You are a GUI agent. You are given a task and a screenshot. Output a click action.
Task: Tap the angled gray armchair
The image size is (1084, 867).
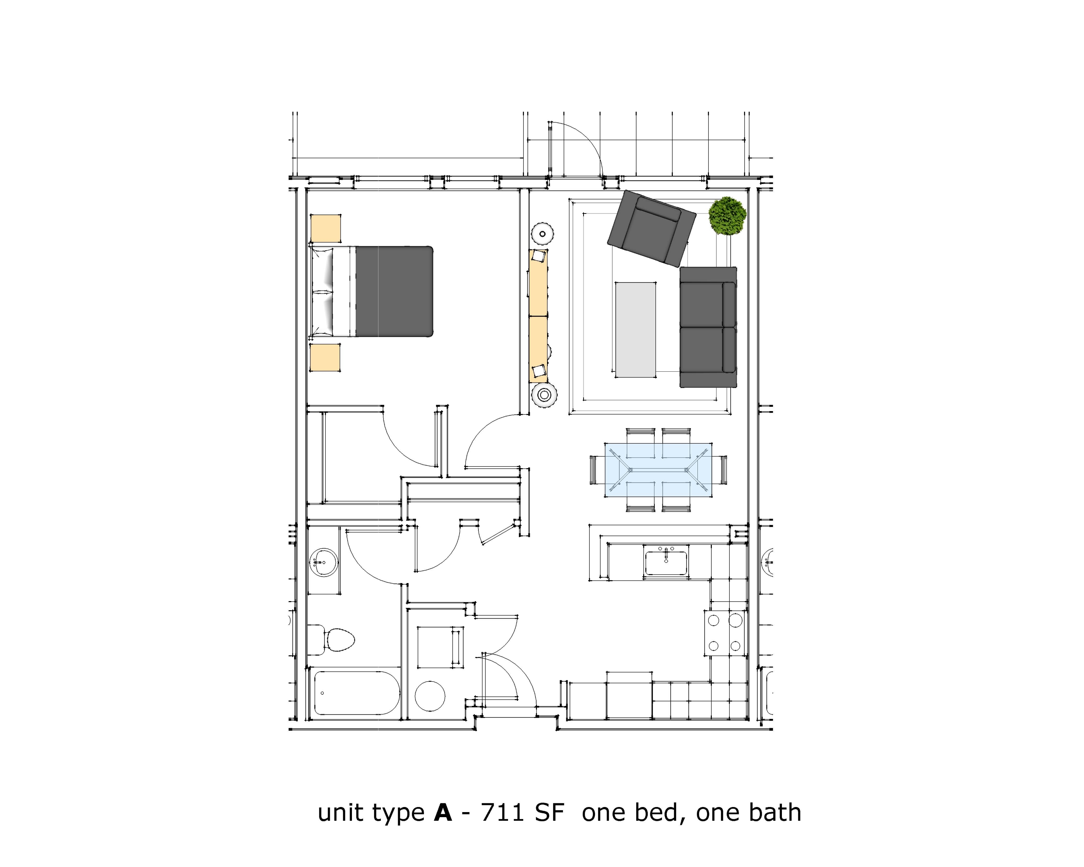651,229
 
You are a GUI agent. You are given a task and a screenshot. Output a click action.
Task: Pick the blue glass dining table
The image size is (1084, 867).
658,470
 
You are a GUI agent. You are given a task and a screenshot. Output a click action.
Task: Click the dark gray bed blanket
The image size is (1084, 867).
394,291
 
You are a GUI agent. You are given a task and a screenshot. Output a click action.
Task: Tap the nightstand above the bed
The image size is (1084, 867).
325,229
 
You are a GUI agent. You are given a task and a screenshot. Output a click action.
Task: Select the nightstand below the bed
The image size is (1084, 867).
325,357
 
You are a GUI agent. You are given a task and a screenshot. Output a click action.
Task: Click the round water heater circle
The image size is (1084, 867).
430,696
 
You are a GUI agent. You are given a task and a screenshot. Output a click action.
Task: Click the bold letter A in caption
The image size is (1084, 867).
442,813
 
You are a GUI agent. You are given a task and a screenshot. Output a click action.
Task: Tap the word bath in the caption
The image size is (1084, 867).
774,813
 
